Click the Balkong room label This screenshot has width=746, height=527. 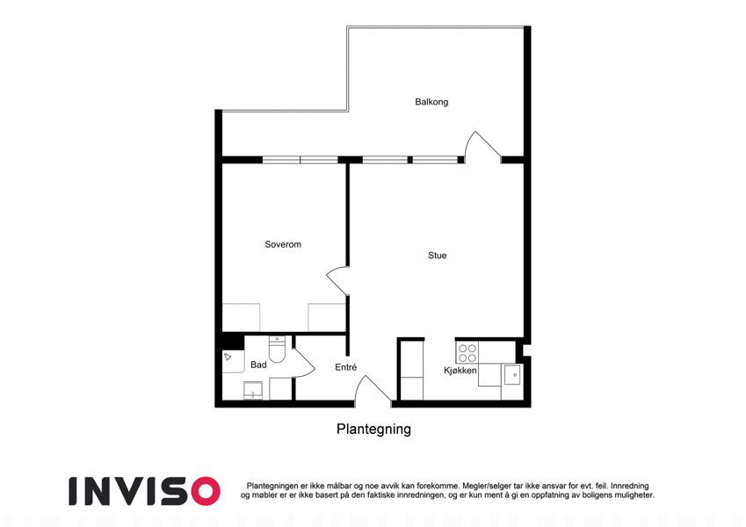click(x=431, y=102)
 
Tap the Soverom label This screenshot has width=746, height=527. click(x=283, y=244)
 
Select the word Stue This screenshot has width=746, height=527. click(x=438, y=256)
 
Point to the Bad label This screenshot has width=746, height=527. click(x=259, y=365)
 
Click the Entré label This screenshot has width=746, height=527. click(x=346, y=367)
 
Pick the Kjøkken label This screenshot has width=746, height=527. click(x=460, y=371)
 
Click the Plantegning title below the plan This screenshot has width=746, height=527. click(x=374, y=429)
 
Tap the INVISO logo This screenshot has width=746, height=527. click(x=144, y=491)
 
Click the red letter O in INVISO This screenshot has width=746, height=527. click(x=205, y=491)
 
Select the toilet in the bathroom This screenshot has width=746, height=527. click(x=277, y=349)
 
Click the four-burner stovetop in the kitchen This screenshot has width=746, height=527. click(x=467, y=352)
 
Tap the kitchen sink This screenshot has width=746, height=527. click(x=512, y=375)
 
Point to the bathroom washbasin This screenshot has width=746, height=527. click(x=253, y=391)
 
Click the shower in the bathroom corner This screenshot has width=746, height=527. click(x=233, y=361)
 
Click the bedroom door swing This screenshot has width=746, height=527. click(x=337, y=280)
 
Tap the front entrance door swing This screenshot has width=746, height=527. click(x=373, y=390)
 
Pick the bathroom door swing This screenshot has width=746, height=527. click(x=305, y=363)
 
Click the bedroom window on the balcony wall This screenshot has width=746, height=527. click(x=301, y=160)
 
